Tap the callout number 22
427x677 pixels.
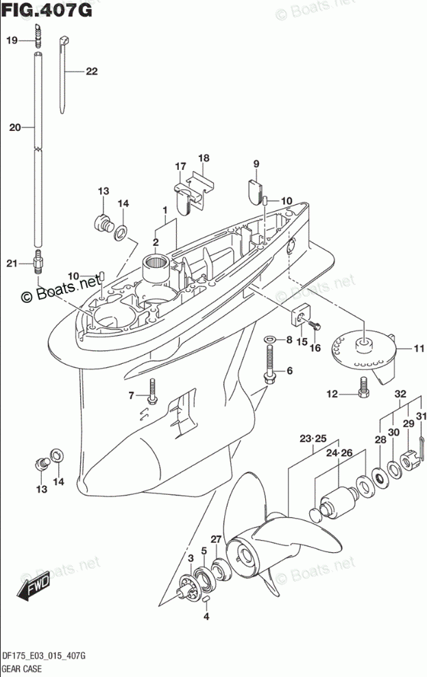92,71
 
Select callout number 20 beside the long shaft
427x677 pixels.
15,127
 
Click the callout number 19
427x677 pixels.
12,40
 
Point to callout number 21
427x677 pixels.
12,264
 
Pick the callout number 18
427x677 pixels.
204,158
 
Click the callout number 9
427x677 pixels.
256,163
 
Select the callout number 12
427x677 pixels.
332,393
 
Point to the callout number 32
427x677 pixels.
401,393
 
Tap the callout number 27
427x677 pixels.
216,539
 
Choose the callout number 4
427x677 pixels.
205,617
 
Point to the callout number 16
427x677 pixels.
315,348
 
